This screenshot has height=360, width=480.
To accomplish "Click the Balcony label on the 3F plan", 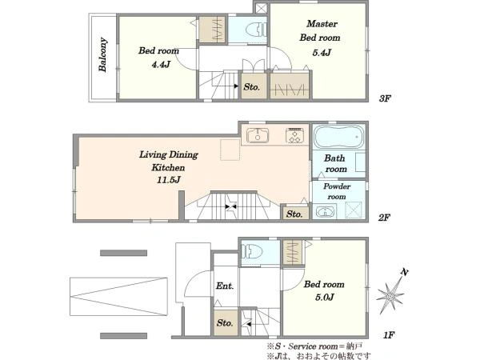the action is [x=103, y=54].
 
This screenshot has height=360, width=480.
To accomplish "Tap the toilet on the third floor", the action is [x=257, y=30].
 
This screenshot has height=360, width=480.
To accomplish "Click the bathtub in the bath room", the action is [x=339, y=137].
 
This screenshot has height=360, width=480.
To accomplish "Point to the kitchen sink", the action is [x=258, y=135].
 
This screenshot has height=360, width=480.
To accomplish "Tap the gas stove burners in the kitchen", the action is [x=294, y=135].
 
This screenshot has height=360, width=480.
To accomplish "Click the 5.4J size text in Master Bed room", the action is [x=322, y=53].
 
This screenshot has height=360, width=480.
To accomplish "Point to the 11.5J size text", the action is [x=168, y=179].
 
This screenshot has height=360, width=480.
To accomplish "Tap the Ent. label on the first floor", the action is [x=225, y=286].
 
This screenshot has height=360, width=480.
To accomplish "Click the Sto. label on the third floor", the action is [x=252, y=87].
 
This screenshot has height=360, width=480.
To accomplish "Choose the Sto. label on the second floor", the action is [x=294, y=214].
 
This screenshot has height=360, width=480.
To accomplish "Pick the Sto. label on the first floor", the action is [x=225, y=322].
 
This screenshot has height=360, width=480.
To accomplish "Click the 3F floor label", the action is [x=385, y=98].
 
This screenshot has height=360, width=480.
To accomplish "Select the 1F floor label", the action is [x=389, y=335].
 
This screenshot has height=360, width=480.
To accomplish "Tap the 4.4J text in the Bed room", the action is [x=161, y=64].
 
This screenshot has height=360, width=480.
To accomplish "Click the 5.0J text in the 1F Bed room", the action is [x=324, y=297].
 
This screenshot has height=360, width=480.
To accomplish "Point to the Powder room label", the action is [x=337, y=191].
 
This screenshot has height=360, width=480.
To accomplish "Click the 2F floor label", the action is [x=384, y=218].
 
